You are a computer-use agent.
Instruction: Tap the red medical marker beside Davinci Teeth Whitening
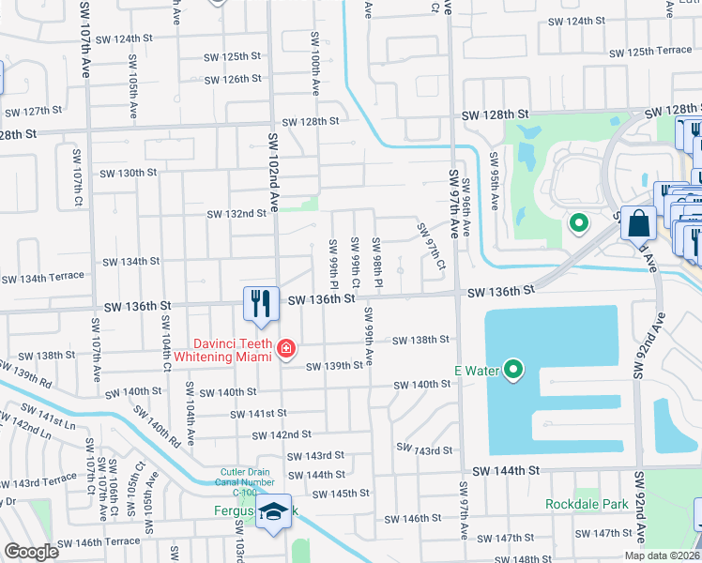285,351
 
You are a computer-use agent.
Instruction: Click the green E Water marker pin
512,370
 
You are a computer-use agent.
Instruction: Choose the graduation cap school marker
273,512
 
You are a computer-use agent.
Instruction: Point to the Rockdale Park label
587,504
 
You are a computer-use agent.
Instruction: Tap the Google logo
31,552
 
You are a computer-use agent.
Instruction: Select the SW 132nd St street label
237,214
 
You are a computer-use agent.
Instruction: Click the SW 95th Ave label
494,190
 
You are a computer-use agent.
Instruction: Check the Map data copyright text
662,555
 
